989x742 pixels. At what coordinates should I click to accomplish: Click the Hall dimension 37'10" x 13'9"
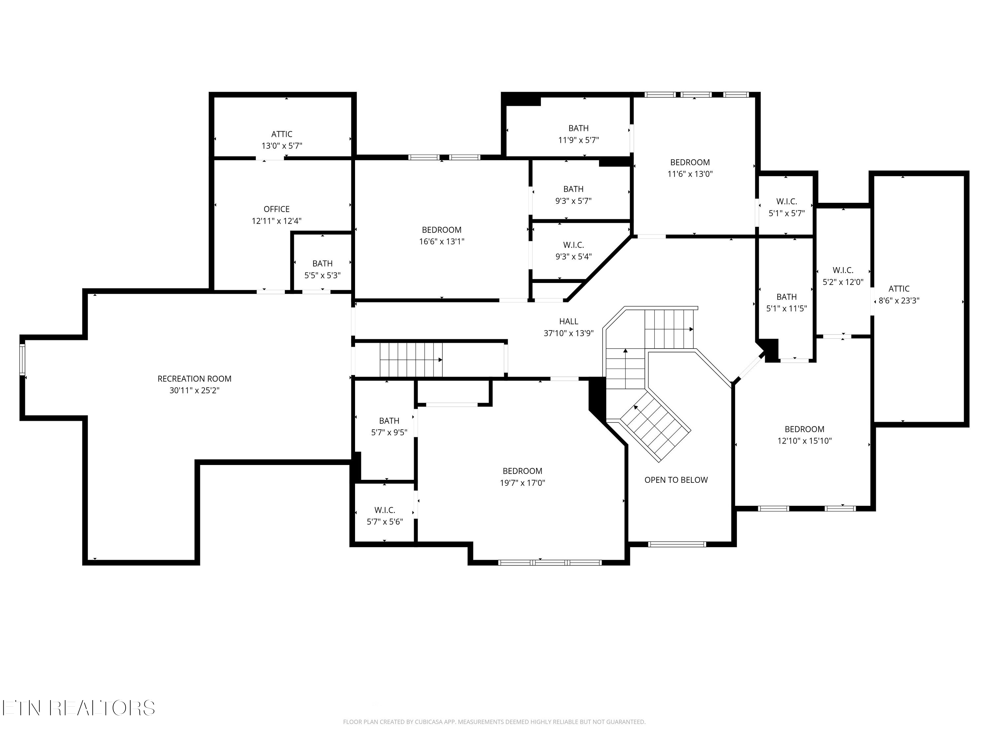(x=568, y=333)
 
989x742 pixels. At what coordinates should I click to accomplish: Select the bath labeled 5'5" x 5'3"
(x=322, y=269)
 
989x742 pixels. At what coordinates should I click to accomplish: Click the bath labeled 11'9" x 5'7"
(x=578, y=134)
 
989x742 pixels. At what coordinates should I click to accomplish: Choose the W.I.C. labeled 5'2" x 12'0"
(x=843, y=276)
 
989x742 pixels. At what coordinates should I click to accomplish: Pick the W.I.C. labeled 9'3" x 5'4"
(x=573, y=250)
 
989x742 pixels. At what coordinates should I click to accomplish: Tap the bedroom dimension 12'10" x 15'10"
(x=804, y=441)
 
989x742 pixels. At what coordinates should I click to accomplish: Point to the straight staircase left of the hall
(x=411, y=359)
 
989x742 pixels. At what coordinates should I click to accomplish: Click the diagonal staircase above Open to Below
(x=655, y=427)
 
